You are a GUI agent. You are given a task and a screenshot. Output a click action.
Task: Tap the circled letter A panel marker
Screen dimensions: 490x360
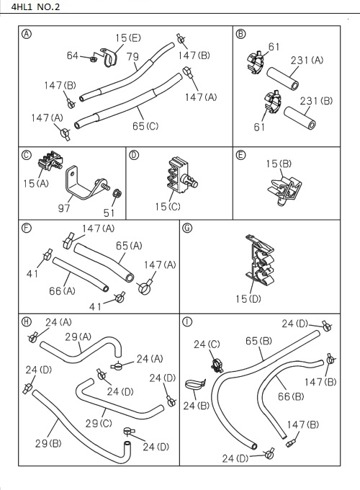click(27, 34)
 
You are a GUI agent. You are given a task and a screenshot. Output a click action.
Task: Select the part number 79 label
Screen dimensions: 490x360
click(132, 56)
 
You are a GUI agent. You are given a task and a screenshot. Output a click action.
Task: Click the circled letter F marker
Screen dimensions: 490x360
click(27, 228)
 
